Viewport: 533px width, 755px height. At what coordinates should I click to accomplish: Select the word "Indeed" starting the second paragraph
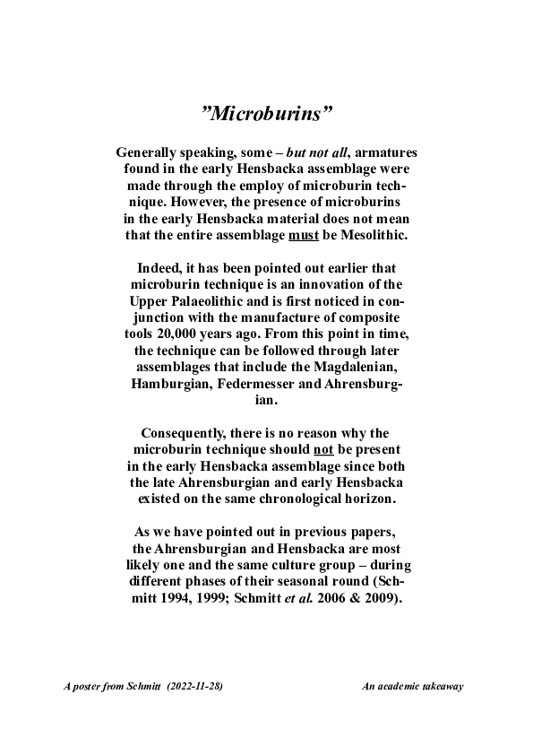point(160,269)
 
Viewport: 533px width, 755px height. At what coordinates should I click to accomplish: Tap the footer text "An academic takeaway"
point(411,687)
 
